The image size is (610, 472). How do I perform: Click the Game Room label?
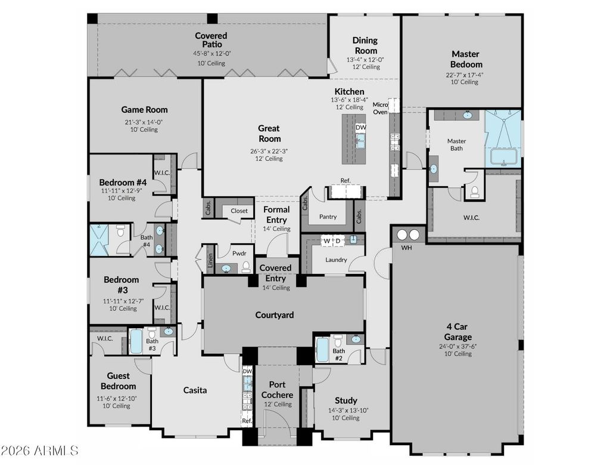(x=144, y=110)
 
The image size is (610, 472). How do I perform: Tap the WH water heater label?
(x=406, y=248)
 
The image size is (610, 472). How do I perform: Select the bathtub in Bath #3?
(x=136, y=341)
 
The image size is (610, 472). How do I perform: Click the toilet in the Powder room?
(x=246, y=267)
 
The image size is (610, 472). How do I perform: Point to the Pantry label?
(x=328, y=217)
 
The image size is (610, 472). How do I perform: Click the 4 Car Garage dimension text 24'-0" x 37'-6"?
(x=457, y=346)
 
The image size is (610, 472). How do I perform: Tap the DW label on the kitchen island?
(x=360, y=128)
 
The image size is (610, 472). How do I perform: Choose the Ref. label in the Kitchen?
(x=346, y=180)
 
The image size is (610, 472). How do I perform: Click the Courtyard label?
(x=274, y=315)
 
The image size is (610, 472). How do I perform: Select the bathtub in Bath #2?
(x=322, y=349)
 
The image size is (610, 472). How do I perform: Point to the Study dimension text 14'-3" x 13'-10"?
(x=348, y=411)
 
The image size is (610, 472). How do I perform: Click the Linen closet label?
(x=210, y=260)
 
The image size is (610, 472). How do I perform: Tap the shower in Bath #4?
(x=99, y=240)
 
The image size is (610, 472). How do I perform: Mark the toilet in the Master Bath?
(x=474, y=192)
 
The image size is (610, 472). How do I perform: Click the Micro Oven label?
(x=380, y=109)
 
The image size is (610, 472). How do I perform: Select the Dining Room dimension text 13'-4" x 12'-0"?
(x=365, y=60)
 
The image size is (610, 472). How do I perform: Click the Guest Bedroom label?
(x=119, y=381)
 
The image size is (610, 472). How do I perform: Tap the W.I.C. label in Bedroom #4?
(x=162, y=172)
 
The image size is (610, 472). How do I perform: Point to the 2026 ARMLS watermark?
(x=40, y=451)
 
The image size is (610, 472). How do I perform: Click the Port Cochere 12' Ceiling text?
(x=278, y=405)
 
